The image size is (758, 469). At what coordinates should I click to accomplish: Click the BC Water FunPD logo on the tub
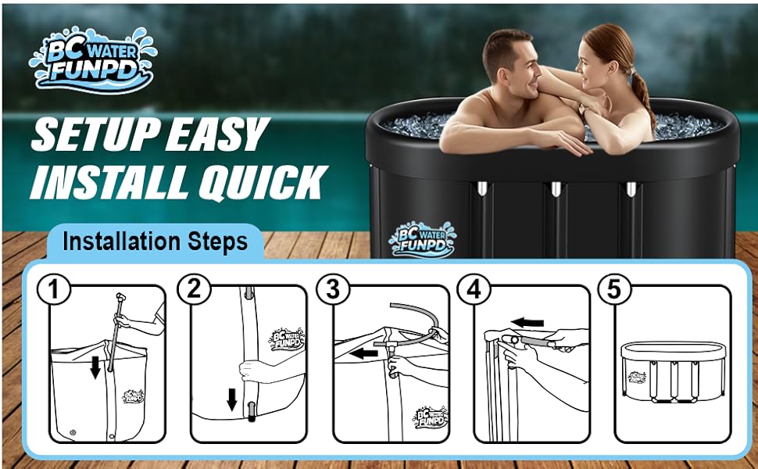422,240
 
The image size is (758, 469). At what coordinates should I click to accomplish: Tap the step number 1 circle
54,289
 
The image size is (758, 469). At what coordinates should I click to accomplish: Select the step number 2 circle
195,289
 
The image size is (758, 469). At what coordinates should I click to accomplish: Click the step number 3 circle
333,289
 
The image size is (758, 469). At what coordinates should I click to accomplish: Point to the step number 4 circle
474,289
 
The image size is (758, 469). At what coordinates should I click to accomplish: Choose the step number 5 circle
614,289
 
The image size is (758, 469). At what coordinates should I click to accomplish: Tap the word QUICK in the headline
263,182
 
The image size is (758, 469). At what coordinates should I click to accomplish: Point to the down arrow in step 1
95,367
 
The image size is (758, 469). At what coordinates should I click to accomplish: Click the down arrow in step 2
232,399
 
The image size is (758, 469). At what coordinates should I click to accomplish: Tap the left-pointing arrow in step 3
363,353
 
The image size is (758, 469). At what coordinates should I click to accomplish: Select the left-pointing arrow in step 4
527,323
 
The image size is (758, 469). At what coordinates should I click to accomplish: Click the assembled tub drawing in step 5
674,371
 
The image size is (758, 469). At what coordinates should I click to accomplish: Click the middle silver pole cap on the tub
556,188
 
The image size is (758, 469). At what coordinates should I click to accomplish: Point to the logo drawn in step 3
431,417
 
